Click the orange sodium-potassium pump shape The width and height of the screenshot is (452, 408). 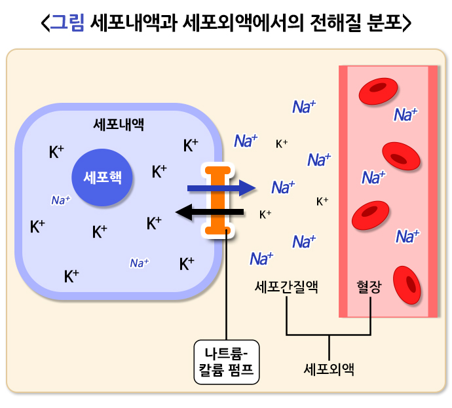click(x=216, y=200)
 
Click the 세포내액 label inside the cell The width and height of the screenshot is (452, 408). click(x=119, y=124)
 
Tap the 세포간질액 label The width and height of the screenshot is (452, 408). click(x=286, y=287)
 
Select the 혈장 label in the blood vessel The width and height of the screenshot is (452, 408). click(x=368, y=287)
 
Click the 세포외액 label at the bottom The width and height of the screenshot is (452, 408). click(x=329, y=368)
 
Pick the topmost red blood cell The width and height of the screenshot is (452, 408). click(x=378, y=90)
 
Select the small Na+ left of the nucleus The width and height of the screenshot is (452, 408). click(x=60, y=200)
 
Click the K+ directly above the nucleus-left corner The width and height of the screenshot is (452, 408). click(x=56, y=152)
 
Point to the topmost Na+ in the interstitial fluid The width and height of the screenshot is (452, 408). click(x=304, y=107)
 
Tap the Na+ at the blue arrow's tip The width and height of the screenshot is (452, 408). click(x=283, y=187)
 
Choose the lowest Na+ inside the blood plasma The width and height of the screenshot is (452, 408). click(x=407, y=236)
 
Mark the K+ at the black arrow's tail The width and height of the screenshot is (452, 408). click(x=265, y=213)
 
